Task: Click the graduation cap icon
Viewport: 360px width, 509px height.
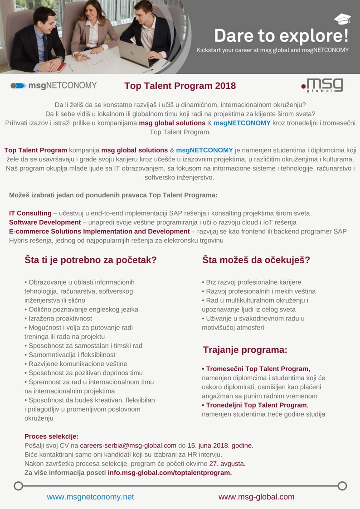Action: [342, 19]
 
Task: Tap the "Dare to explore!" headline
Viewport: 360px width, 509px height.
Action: [281, 35]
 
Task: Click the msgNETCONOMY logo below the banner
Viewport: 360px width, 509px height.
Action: [54, 85]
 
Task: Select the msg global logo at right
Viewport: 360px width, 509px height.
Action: [322, 85]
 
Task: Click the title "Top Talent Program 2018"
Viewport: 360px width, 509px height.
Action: [180, 86]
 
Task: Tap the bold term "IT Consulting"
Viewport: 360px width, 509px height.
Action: [30, 213]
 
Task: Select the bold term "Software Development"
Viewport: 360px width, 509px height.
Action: [45, 222]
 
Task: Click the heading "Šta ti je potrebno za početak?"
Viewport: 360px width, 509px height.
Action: [91, 260]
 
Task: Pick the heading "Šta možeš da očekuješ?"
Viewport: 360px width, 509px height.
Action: [256, 260]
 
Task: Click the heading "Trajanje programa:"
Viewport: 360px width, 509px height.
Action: [245, 350]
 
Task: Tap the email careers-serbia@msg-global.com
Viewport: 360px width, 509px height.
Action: [128, 446]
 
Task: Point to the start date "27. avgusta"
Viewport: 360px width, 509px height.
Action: [227, 464]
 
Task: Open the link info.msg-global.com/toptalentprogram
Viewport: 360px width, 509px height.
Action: [170, 473]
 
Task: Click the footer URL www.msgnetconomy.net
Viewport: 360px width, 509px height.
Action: [91, 497]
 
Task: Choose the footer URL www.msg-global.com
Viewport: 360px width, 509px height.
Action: [257, 497]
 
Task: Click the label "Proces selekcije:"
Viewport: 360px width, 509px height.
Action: [51, 436]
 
